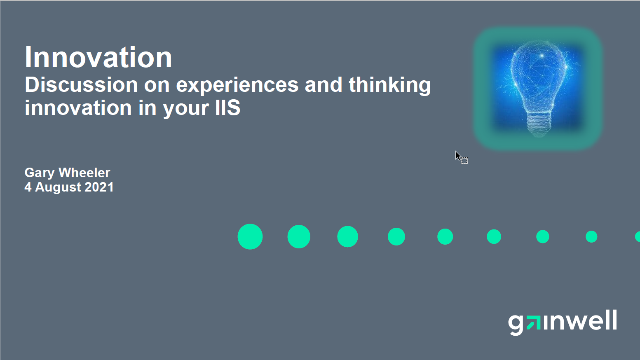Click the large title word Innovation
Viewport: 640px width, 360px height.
tap(98, 57)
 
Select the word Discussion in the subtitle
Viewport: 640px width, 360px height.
tap(82, 85)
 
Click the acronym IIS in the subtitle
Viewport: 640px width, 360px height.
tap(228, 108)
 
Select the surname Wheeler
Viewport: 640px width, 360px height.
tap(84, 173)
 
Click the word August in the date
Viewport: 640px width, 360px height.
tap(58, 188)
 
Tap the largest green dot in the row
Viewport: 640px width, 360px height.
tap(250, 237)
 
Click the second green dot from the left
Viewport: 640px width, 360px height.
tap(299, 237)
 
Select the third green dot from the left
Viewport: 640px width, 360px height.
tap(347, 237)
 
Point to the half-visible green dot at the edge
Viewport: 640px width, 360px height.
tap(638, 237)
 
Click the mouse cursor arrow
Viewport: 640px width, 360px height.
tap(458, 156)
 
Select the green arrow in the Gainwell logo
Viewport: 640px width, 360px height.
tap(533, 323)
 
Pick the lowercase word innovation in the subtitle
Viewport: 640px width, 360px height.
tap(78, 108)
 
